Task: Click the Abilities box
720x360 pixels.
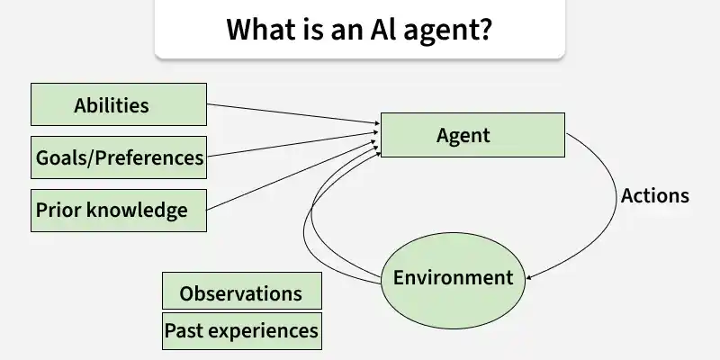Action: pos(119,104)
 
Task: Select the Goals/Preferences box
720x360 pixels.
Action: pos(119,157)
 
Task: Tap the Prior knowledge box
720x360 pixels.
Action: pos(119,210)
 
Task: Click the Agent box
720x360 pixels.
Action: pos(472,136)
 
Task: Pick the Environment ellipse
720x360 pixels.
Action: pos(453,278)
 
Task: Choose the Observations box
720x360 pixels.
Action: pos(240,293)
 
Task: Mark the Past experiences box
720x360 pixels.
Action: pos(240,330)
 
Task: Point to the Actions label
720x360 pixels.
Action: pos(655,195)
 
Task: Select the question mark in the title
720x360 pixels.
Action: pos(485,29)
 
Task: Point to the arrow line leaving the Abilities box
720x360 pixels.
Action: pos(288,113)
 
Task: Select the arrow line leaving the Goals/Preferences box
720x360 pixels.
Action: pos(288,147)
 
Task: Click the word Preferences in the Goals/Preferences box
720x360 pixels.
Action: pos(150,158)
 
